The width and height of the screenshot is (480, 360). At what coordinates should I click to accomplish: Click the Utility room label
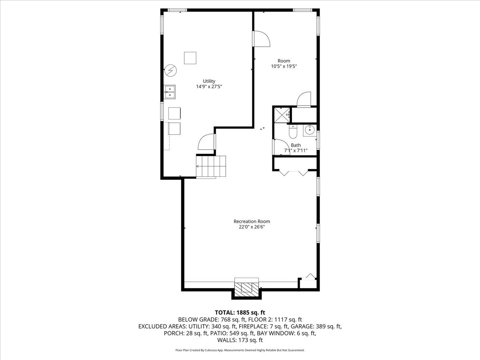coord(209,81)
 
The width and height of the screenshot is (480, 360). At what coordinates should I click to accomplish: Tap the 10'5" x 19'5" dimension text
coord(284,66)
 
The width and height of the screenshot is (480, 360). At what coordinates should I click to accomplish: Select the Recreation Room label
coord(252,222)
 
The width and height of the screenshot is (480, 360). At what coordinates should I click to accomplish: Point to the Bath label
coord(296,145)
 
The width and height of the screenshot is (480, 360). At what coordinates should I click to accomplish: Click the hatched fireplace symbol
coord(246,290)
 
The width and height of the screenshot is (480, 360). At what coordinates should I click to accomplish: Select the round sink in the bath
coord(310,130)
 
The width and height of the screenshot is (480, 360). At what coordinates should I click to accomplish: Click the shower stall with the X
coord(282,115)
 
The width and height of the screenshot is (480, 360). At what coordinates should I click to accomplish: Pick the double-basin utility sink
coord(170,92)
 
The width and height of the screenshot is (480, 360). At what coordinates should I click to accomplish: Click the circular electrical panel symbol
coord(170,71)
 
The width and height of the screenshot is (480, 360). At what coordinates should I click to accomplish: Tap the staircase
coord(211,166)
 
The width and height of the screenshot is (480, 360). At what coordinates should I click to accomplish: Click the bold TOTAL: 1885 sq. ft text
coord(240,312)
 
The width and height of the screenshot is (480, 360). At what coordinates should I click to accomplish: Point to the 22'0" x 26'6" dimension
coord(252,227)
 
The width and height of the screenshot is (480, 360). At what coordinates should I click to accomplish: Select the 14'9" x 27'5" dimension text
coord(209,86)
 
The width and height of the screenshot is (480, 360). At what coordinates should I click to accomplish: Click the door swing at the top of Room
coord(261,39)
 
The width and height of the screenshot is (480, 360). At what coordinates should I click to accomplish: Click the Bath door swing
coord(282,147)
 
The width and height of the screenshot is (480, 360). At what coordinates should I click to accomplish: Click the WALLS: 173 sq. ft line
coord(240,340)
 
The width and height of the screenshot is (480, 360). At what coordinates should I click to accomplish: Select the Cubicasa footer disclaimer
coord(240,350)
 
